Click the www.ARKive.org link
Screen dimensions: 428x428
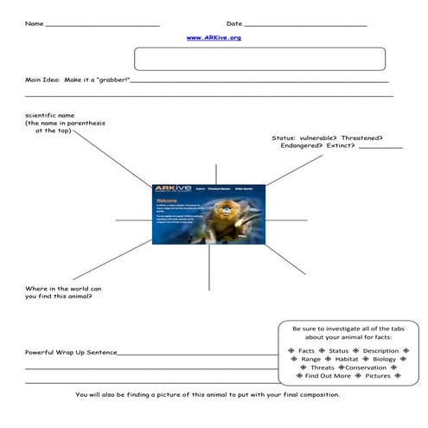(214, 38)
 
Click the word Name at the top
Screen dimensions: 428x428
(34, 23)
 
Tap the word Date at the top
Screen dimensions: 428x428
(234, 23)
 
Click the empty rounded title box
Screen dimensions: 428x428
(259, 59)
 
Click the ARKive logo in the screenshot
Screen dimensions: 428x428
(167, 188)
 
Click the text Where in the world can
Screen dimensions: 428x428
(65, 287)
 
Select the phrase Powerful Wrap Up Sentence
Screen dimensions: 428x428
(71, 353)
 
